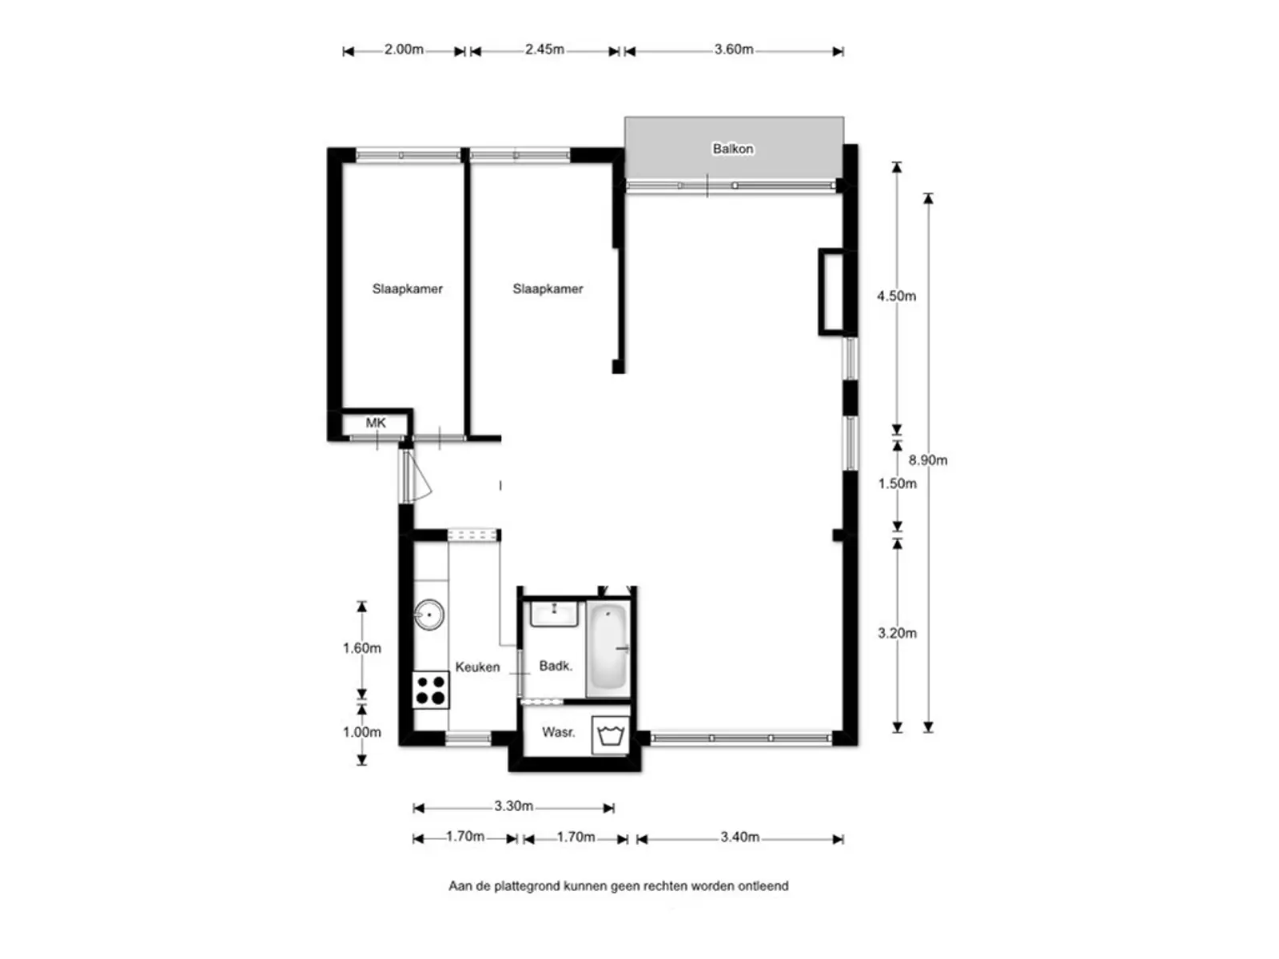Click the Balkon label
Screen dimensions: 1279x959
click(x=732, y=149)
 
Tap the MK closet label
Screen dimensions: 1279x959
click(x=375, y=423)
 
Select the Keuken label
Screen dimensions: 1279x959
click(x=477, y=667)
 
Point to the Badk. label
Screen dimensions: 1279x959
click(x=556, y=666)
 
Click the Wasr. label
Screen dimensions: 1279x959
click(x=558, y=732)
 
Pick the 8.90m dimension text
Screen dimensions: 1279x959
click(x=927, y=460)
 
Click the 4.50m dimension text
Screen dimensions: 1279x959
click(x=896, y=296)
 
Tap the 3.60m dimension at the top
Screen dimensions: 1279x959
click(x=734, y=50)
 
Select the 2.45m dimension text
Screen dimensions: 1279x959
click(x=544, y=50)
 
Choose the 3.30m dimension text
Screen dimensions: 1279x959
click(x=513, y=806)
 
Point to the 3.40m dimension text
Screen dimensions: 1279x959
click(x=739, y=837)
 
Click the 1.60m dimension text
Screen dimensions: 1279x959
click(x=362, y=648)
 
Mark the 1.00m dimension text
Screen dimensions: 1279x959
click(x=362, y=732)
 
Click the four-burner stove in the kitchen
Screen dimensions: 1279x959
click(x=431, y=690)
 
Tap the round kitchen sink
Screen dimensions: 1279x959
click(x=428, y=615)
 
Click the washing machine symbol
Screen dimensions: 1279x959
click(x=610, y=734)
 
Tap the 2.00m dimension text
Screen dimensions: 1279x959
click(x=404, y=50)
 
